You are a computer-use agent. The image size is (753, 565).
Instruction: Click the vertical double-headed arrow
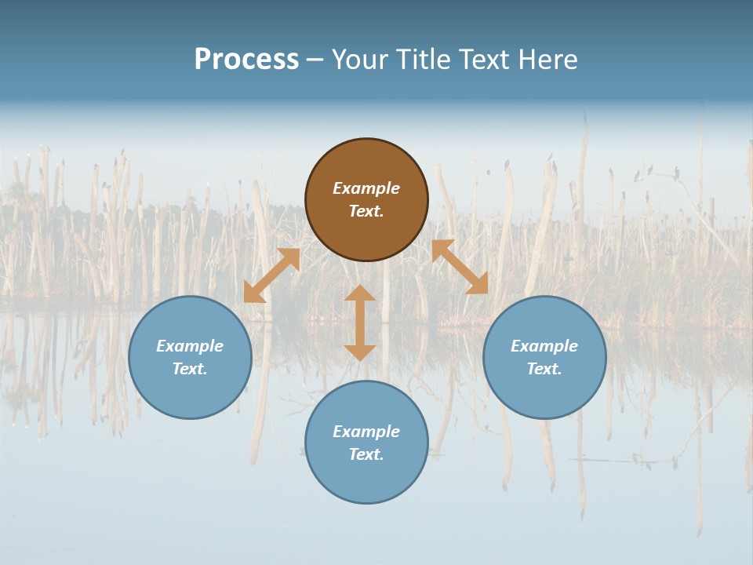click(x=360, y=323)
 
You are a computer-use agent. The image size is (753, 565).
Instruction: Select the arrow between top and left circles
click(x=271, y=275)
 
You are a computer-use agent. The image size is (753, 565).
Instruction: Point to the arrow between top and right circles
click(x=460, y=267)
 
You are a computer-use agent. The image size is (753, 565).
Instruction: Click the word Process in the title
click(x=246, y=60)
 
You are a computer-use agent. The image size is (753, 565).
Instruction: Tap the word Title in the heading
click(x=424, y=60)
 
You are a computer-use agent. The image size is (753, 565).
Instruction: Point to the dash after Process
click(x=315, y=60)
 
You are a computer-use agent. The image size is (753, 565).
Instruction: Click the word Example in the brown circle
click(x=366, y=188)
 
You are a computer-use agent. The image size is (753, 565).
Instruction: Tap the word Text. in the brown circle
click(x=366, y=211)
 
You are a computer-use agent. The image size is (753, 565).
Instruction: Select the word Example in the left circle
click(x=190, y=346)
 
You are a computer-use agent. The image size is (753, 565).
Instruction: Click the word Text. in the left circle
click(x=190, y=369)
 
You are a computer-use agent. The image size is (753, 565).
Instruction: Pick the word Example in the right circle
click(x=544, y=346)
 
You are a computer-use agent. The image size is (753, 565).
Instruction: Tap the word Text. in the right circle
click(x=544, y=369)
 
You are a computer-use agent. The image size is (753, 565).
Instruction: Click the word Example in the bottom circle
click(x=366, y=432)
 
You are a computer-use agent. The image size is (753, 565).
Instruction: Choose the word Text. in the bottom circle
click(x=366, y=454)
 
